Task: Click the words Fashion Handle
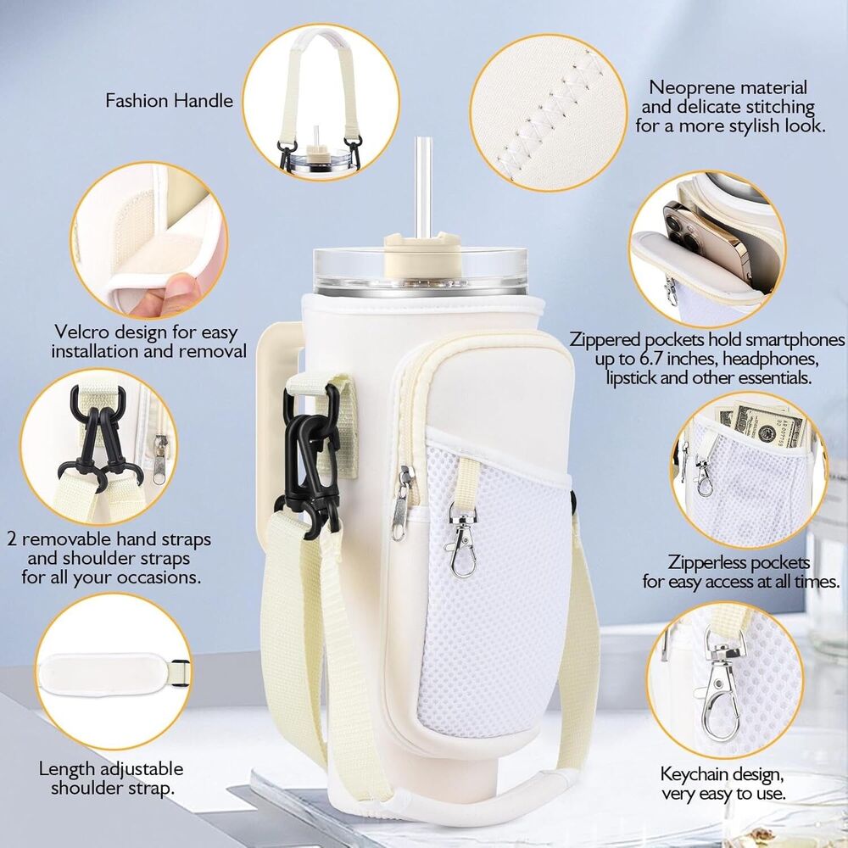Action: [x=169, y=101]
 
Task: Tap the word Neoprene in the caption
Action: [x=688, y=87]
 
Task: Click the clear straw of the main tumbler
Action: [x=422, y=186]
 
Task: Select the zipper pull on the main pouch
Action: [x=400, y=504]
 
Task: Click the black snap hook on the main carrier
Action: [x=309, y=460]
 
